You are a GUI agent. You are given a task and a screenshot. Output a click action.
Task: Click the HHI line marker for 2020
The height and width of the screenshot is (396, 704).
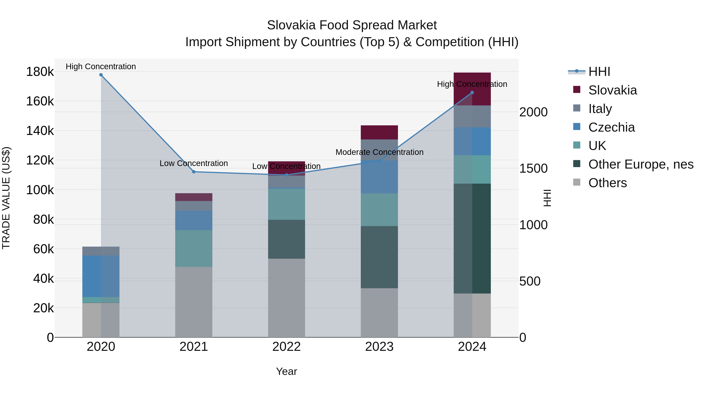click(101, 75)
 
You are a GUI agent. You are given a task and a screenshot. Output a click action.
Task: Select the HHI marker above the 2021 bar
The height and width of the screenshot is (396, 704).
click(194, 172)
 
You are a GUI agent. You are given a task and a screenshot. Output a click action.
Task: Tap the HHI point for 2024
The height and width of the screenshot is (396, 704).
click(472, 93)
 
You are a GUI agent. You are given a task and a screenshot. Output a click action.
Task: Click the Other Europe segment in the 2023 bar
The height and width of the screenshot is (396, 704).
click(379, 257)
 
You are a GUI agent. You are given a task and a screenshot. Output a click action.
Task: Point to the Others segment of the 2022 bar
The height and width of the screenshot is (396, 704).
click(286, 298)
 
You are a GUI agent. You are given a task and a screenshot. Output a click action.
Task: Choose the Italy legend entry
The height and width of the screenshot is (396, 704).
click(600, 109)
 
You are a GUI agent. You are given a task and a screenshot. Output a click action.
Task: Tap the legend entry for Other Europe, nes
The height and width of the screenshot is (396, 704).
click(641, 164)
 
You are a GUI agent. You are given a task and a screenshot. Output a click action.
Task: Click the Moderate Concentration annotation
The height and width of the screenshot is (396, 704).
click(379, 152)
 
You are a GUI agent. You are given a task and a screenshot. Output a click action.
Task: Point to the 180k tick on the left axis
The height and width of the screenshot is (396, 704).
click(40, 72)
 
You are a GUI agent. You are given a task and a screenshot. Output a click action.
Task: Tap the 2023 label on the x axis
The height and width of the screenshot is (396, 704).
click(379, 347)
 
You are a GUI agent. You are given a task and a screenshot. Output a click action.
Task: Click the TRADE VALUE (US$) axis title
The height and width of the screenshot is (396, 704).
click(6, 198)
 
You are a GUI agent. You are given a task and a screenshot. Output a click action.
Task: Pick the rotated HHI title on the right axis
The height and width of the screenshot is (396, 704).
click(547, 198)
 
